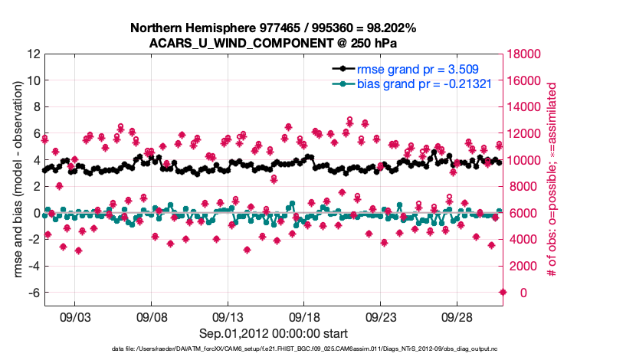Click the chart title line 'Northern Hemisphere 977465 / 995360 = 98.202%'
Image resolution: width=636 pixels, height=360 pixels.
coord(274,28)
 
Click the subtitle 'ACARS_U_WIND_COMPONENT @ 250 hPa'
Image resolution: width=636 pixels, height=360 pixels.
coord(274,42)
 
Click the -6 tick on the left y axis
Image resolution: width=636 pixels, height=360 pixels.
coord(33,293)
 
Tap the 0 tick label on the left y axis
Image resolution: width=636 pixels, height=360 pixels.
coord(36,213)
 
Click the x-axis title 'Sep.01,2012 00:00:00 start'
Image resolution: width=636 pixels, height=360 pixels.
coord(274,333)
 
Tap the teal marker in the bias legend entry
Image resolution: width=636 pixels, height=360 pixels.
coord(343,83)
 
